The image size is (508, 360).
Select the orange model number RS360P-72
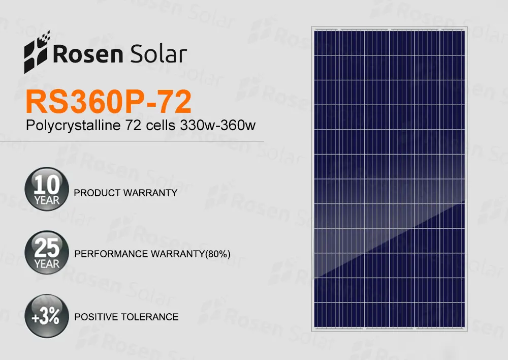(x=108, y=102)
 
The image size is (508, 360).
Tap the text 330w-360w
(x=218, y=125)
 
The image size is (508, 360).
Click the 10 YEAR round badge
(x=47, y=189)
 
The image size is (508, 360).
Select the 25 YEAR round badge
(x=47, y=252)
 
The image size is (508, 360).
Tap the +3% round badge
(x=47, y=316)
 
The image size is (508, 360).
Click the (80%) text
(x=218, y=254)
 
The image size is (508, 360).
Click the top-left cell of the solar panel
(x=327, y=43)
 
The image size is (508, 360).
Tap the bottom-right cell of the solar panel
(x=453, y=315)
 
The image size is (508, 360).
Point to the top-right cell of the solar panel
(x=453, y=43)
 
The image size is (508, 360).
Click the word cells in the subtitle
(x=161, y=125)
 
